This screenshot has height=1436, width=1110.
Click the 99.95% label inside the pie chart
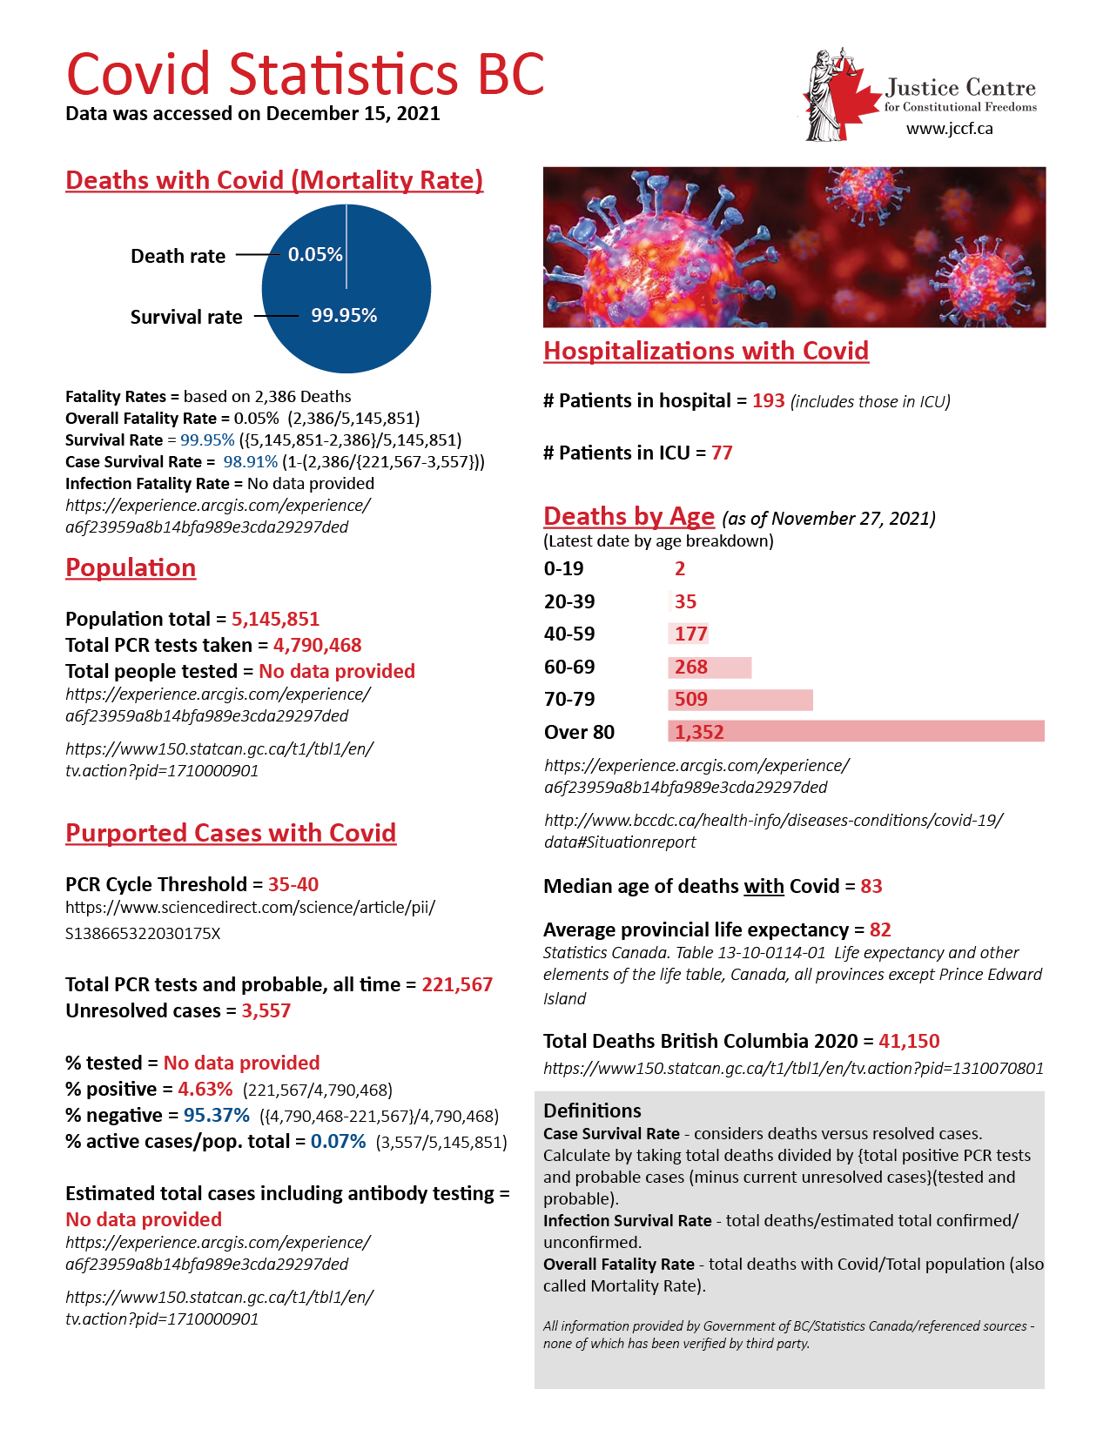pos(344,316)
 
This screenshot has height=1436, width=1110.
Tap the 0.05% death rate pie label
pos(315,254)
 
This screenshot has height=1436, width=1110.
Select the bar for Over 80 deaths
pos(856,732)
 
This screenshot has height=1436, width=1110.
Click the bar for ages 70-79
pos(740,700)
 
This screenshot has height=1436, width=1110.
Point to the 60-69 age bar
pos(710,668)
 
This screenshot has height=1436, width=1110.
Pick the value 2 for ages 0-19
pos(680,569)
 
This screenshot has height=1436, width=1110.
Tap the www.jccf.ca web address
pos(949,129)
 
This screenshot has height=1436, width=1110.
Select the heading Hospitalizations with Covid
pos(706,351)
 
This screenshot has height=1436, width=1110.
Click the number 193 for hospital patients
pos(769,401)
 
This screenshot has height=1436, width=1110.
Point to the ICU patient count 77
pos(722,453)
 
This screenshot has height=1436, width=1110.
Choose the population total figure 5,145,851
pos(275,620)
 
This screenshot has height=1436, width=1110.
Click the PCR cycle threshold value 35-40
pos(293,885)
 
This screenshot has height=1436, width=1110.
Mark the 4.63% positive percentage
pos(205,1090)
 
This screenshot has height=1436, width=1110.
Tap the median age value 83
pos(871,887)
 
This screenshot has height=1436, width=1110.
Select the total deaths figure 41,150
pos(909,1042)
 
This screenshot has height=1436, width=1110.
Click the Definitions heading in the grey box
pos(592,1111)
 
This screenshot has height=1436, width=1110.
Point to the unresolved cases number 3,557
pos(266,1011)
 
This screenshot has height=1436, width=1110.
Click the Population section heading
pos(131,568)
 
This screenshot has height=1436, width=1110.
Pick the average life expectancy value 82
pos(880,930)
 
